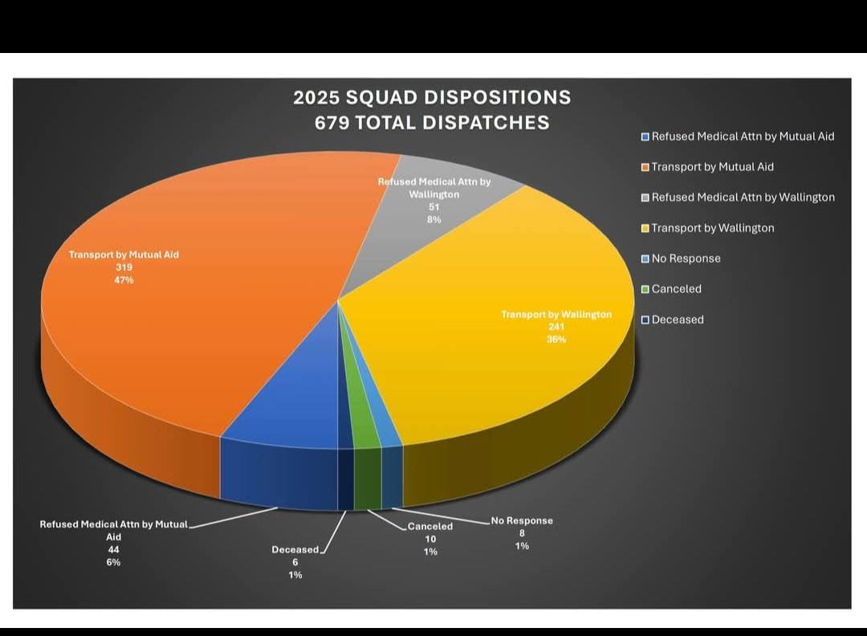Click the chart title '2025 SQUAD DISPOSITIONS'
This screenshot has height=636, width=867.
[x=432, y=97]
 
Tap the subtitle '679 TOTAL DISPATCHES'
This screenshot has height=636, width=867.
[x=432, y=122]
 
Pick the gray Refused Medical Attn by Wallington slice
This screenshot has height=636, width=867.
[x=450, y=241]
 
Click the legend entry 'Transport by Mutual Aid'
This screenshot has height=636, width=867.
[x=712, y=167]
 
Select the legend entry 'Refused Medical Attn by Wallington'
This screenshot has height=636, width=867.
[x=743, y=198]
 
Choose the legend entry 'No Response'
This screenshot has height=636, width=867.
[x=686, y=259]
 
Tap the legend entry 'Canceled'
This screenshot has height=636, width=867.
[x=676, y=289]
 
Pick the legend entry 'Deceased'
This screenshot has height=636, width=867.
[x=678, y=320]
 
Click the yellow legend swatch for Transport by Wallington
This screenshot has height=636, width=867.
[x=645, y=228]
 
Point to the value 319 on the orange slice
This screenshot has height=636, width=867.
[x=124, y=267]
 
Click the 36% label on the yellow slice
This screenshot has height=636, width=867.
[x=556, y=339]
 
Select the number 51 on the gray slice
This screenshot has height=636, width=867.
[x=434, y=207]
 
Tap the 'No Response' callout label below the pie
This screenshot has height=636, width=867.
[x=522, y=520]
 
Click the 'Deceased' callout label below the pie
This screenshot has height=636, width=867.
[x=295, y=550]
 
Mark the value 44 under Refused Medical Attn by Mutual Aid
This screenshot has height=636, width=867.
[x=113, y=549]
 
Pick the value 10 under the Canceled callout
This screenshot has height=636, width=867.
[x=430, y=539]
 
